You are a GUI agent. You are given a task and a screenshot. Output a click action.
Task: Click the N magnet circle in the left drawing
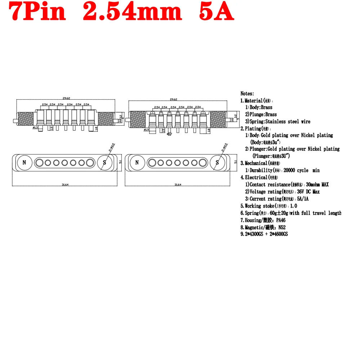click(x=24, y=163)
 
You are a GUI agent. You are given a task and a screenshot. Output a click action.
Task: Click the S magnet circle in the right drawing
click(x=217, y=163)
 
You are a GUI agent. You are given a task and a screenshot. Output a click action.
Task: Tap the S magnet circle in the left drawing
click(x=104, y=163)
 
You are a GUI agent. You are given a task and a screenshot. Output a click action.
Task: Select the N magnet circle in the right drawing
click(x=137, y=163)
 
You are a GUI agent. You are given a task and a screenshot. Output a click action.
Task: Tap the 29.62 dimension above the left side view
click(x=66, y=98)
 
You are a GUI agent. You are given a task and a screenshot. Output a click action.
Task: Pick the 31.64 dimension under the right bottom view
click(x=177, y=185)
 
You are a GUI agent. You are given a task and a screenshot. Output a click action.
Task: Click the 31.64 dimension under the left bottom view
click(x=65, y=185)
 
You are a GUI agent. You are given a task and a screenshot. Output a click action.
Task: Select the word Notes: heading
click(x=247, y=94)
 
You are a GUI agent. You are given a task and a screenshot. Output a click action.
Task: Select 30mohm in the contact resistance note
click(x=314, y=184)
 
